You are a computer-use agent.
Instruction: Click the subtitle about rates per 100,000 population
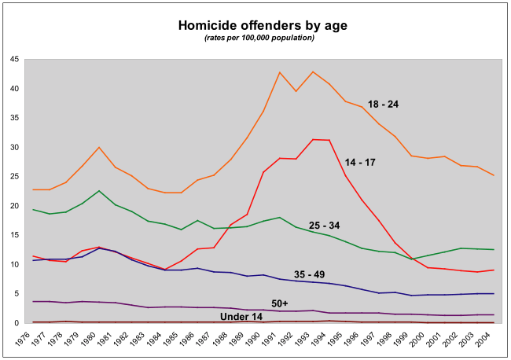[x=259, y=38]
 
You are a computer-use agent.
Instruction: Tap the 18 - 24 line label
[x=384, y=104]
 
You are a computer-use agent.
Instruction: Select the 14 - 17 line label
[x=361, y=163]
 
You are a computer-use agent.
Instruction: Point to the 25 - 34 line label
[x=324, y=226]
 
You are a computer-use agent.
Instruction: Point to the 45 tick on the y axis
[x=16, y=59]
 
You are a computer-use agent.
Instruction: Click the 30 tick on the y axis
[x=16, y=147]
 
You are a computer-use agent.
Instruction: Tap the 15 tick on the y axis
[x=16, y=235]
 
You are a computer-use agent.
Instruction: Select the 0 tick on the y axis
[x=18, y=323]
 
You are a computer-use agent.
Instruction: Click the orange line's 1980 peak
[x=98, y=147]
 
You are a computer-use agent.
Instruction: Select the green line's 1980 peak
[x=98, y=191]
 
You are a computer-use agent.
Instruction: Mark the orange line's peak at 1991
[x=280, y=72]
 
